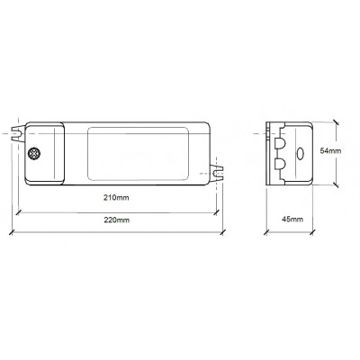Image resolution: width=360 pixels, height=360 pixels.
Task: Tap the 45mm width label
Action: coord(292,220)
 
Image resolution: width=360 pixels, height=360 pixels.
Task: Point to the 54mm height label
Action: coord(330,151)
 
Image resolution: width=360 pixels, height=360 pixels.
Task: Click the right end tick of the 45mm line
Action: coord(314,231)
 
